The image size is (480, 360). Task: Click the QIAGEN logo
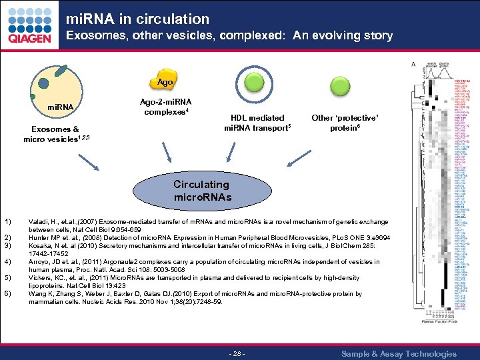click(29, 27)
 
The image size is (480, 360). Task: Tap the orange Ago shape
click(165, 81)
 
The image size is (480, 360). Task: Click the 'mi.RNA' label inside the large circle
click(60, 107)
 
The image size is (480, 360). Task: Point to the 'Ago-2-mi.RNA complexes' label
click(165, 107)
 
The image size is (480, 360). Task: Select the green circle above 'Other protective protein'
click(345, 85)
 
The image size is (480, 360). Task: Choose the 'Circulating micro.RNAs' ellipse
click(201, 190)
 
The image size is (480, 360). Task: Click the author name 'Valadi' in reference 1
click(39, 221)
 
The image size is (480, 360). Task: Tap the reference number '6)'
click(8, 294)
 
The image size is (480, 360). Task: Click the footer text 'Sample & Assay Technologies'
click(399, 353)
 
